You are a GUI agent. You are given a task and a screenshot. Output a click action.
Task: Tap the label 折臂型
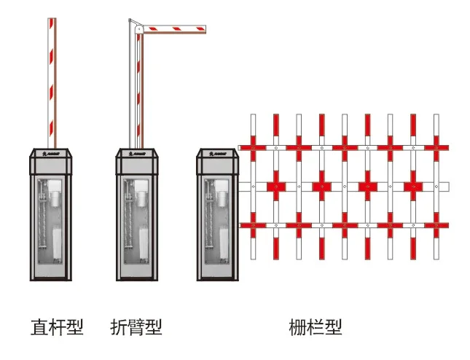[136, 327]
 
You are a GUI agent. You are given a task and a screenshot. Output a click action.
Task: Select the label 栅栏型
[316, 327]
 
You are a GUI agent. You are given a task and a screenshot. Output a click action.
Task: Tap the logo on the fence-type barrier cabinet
[218, 154]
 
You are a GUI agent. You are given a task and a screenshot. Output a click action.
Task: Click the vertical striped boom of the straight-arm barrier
[51, 80]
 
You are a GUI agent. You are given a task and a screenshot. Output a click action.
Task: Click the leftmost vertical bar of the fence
[252, 186]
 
